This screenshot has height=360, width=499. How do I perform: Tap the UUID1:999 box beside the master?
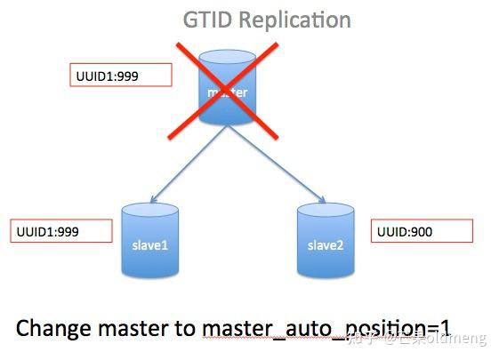coord(120,76)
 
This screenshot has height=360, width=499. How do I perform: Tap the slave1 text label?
coord(149,244)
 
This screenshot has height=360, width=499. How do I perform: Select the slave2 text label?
coord(326,244)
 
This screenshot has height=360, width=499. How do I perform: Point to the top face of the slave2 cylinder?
coord(326,212)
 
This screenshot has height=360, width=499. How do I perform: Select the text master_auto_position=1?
coord(334,329)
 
